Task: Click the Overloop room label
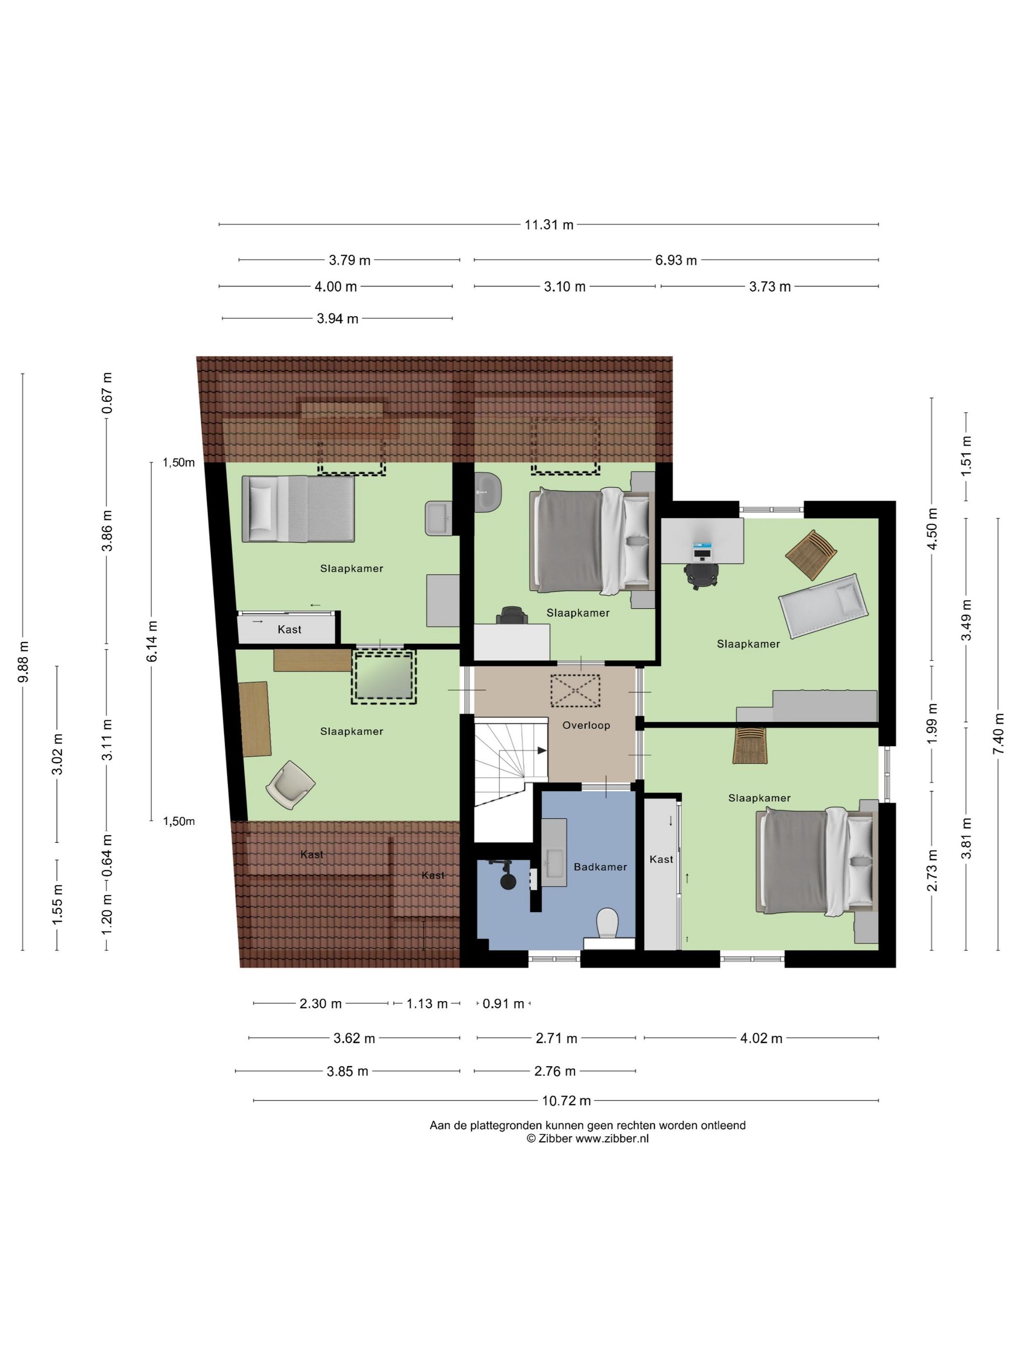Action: click(585, 725)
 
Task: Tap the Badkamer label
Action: click(600, 866)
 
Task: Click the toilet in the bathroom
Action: click(608, 924)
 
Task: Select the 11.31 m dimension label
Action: click(549, 225)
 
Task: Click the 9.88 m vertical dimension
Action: click(24, 662)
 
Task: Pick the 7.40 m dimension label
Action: click(998, 734)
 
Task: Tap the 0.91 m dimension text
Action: click(503, 1004)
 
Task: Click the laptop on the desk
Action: click(702, 550)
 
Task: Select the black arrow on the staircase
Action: click(542, 750)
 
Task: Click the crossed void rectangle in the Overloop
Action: click(575, 690)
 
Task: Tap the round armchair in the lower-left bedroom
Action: click(290, 785)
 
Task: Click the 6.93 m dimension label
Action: click(676, 260)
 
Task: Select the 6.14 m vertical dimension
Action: click(152, 641)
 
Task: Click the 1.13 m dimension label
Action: click(427, 1004)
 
